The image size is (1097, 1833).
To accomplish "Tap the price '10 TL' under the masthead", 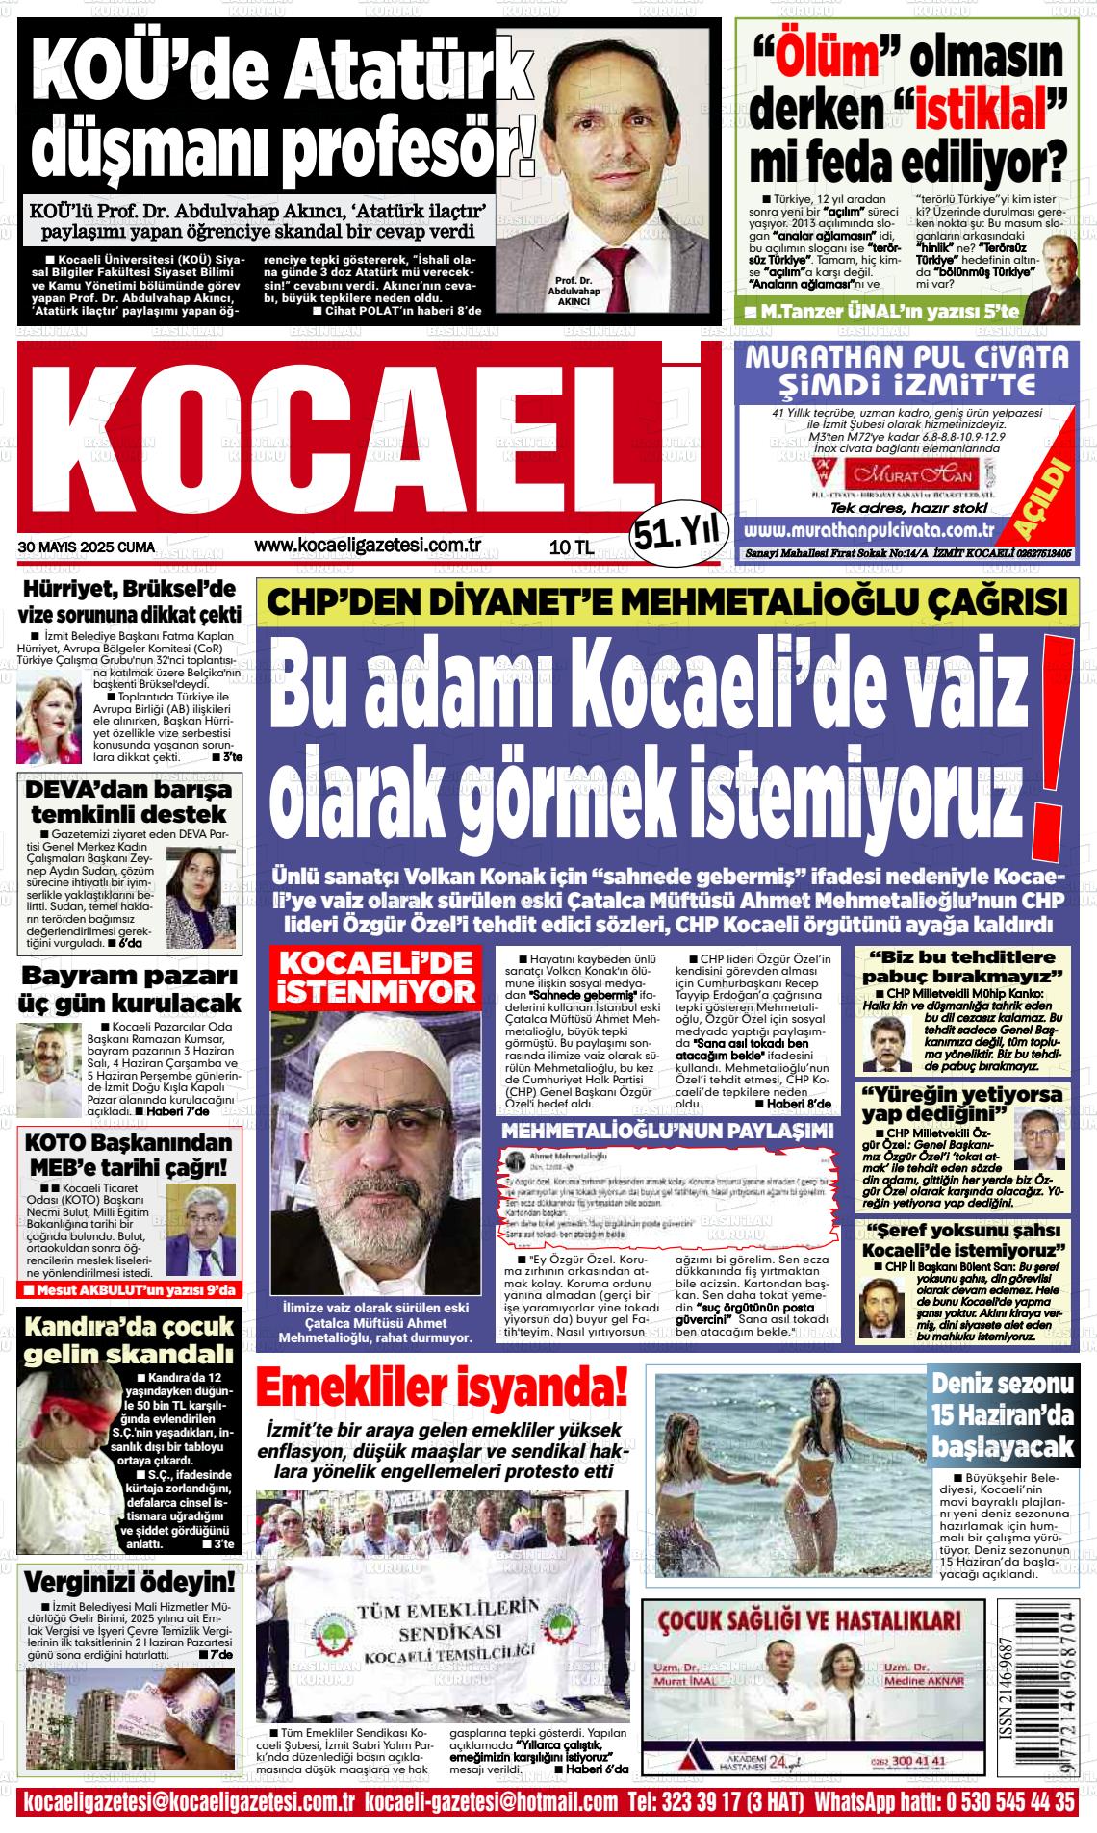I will click(571, 547).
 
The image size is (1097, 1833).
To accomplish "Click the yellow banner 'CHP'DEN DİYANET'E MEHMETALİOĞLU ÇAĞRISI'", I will click(666, 603).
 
